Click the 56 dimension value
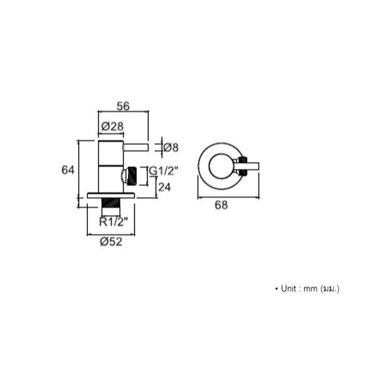coord(123,106)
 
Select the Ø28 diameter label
coord(112,126)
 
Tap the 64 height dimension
coord(68,170)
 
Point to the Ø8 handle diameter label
coord(171,148)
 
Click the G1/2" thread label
coord(163,171)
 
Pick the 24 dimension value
coord(164,187)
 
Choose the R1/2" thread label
coord(113,222)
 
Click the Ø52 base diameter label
coord(111,242)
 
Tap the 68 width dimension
coord(221,205)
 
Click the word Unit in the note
coord(289,289)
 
